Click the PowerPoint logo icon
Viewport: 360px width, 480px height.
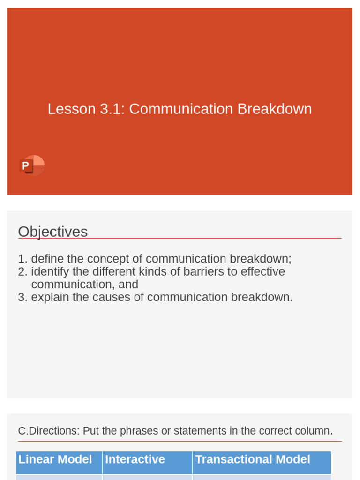pyautogui.click(x=32, y=165)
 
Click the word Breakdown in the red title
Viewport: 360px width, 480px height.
pyautogui.click(x=274, y=109)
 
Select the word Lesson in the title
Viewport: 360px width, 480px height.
pyautogui.click(x=71, y=109)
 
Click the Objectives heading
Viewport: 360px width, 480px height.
pyautogui.click(x=52, y=232)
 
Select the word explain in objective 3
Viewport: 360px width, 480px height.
pyautogui.click(x=50, y=297)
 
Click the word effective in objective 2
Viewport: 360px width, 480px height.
pyautogui.click(x=262, y=272)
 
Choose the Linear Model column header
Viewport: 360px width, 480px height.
pyautogui.click(x=55, y=459)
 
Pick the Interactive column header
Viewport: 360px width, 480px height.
pyautogui.click(x=135, y=459)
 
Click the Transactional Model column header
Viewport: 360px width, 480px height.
pyautogui.click(x=253, y=459)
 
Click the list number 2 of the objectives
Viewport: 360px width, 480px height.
pyautogui.click(x=22, y=272)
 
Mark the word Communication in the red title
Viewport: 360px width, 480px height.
pyautogui.click(x=181, y=109)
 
